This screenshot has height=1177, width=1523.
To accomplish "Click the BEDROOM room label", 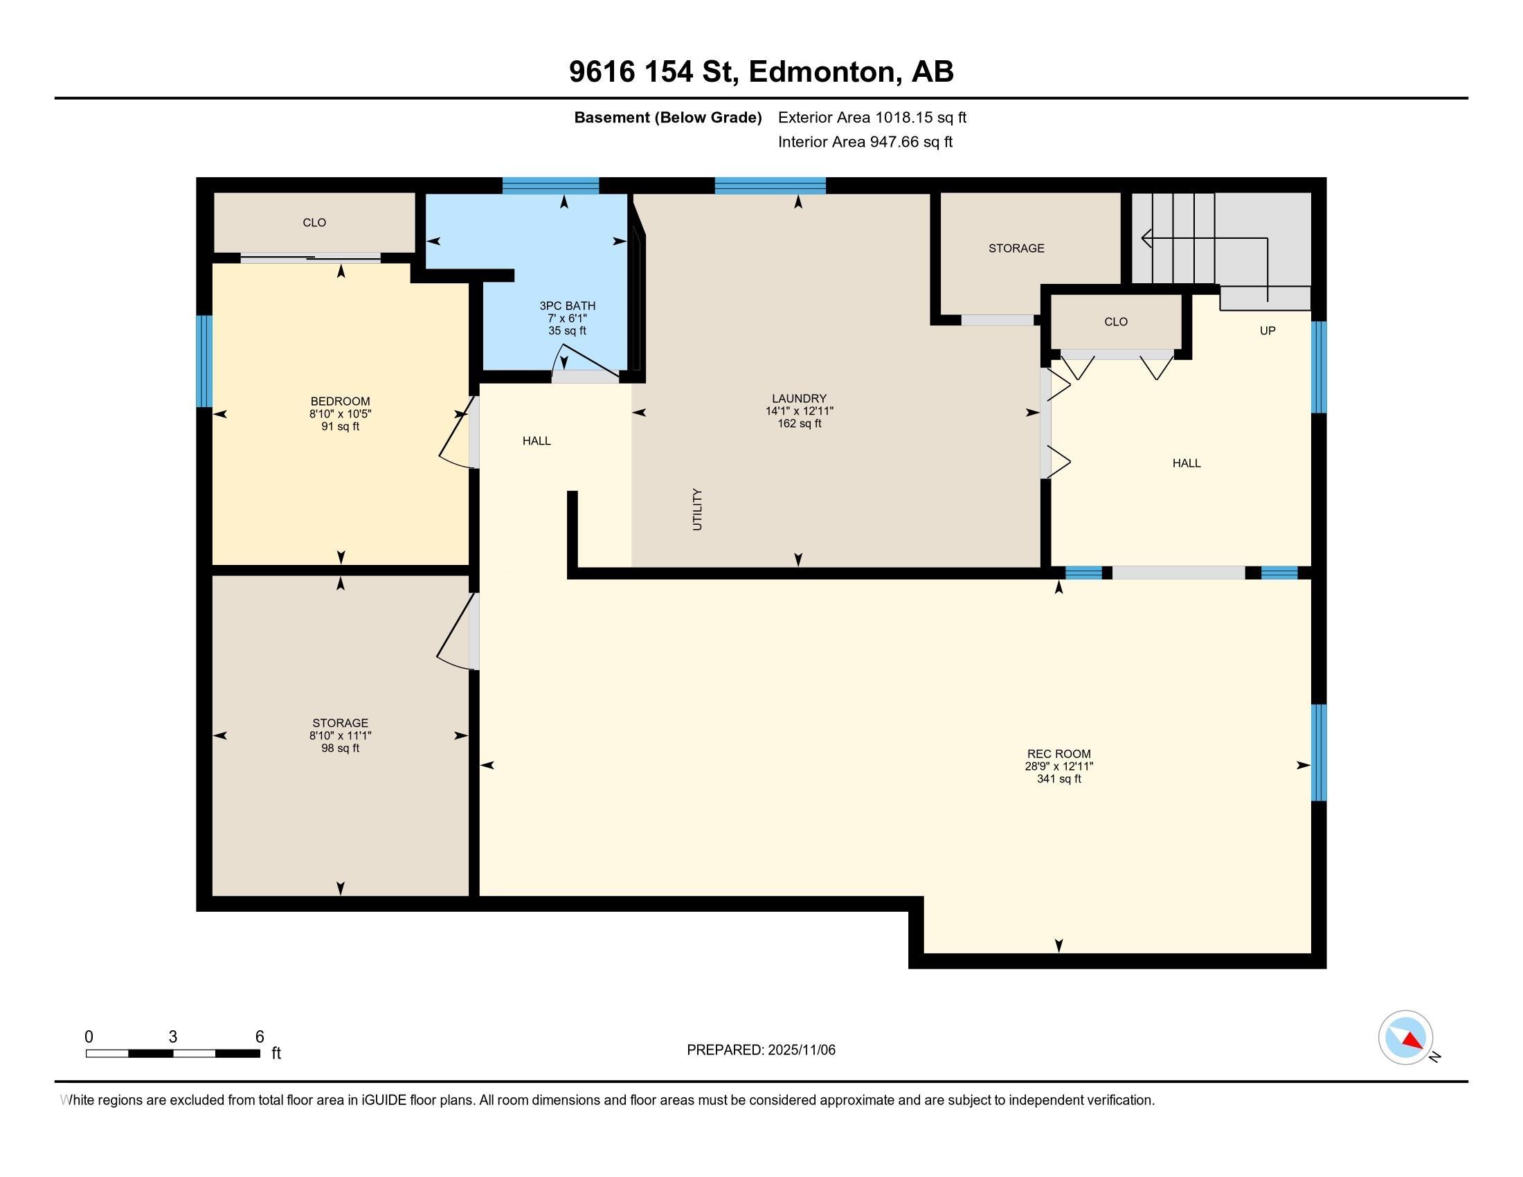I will [341, 401].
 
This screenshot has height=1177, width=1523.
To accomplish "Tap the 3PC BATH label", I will [567, 305].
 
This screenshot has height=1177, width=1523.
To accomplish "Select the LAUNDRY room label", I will [798, 399].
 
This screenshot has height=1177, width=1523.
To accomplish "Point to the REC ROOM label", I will [1058, 754].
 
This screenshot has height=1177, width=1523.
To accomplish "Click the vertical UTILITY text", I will [697, 510].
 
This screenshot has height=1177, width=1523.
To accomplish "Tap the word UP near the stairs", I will [1267, 330].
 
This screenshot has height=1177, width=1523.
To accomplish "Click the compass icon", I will [1405, 1038].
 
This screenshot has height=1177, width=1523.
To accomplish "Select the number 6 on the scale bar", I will [260, 1037].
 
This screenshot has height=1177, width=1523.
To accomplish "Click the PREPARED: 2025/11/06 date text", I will [761, 1050].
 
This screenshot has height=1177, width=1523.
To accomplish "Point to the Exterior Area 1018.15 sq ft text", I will [872, 117].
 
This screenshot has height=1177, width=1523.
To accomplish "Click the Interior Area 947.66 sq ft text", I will [865, 141].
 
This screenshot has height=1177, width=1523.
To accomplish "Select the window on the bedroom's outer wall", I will [204, 361].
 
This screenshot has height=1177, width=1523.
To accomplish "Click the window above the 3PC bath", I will [550, 186].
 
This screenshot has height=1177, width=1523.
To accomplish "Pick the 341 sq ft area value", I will [1058, 779].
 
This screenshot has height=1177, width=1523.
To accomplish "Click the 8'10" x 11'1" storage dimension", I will [341, 735].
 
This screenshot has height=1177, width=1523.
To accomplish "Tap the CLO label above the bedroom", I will [314, 222].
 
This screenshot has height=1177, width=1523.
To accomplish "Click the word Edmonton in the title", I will [822, 72].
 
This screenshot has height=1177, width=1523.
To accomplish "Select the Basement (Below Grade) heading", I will [667, 117].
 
